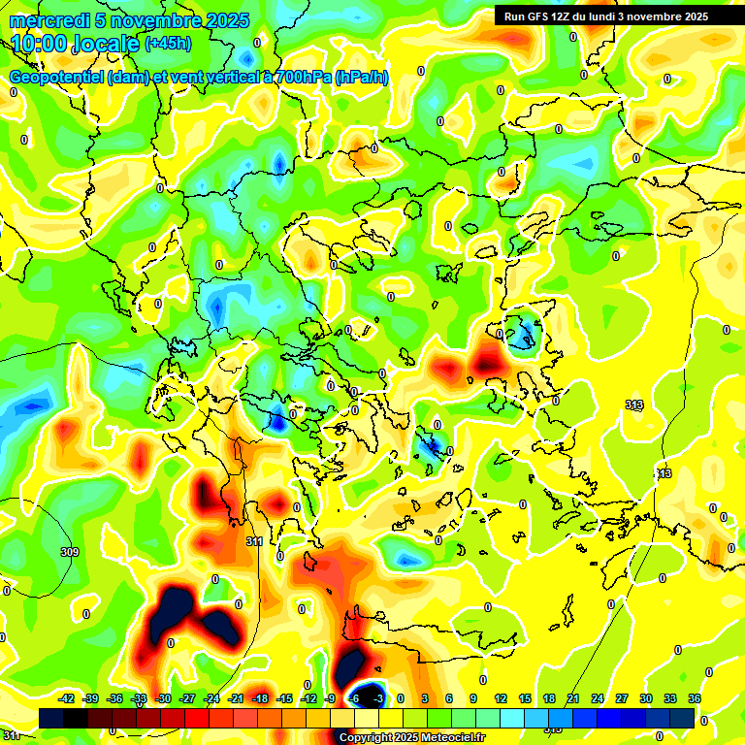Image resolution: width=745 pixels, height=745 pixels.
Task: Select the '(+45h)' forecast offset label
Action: [x=167, y=44]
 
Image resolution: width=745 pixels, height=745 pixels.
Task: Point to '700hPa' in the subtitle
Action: [x=302, y=78]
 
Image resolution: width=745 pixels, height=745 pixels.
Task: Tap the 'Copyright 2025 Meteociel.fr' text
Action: [x=411, y=738]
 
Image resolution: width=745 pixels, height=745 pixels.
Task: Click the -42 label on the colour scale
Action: [x=67, y=698]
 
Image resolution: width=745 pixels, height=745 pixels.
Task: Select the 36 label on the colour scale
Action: [x=694, y=698]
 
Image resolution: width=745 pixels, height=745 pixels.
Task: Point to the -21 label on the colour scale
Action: [x=236, y=698]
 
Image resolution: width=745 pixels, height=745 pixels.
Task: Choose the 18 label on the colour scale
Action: [x=548, y=698]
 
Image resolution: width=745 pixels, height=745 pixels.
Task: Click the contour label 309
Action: [x=70, y=552]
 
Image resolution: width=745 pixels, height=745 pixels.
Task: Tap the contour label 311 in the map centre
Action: [x=255, y=541]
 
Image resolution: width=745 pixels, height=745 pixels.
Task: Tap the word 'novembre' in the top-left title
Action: [x=150, y=20]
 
